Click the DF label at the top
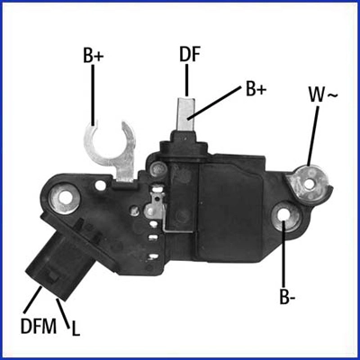tap(190, 54)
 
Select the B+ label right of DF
tap(256, 90)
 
